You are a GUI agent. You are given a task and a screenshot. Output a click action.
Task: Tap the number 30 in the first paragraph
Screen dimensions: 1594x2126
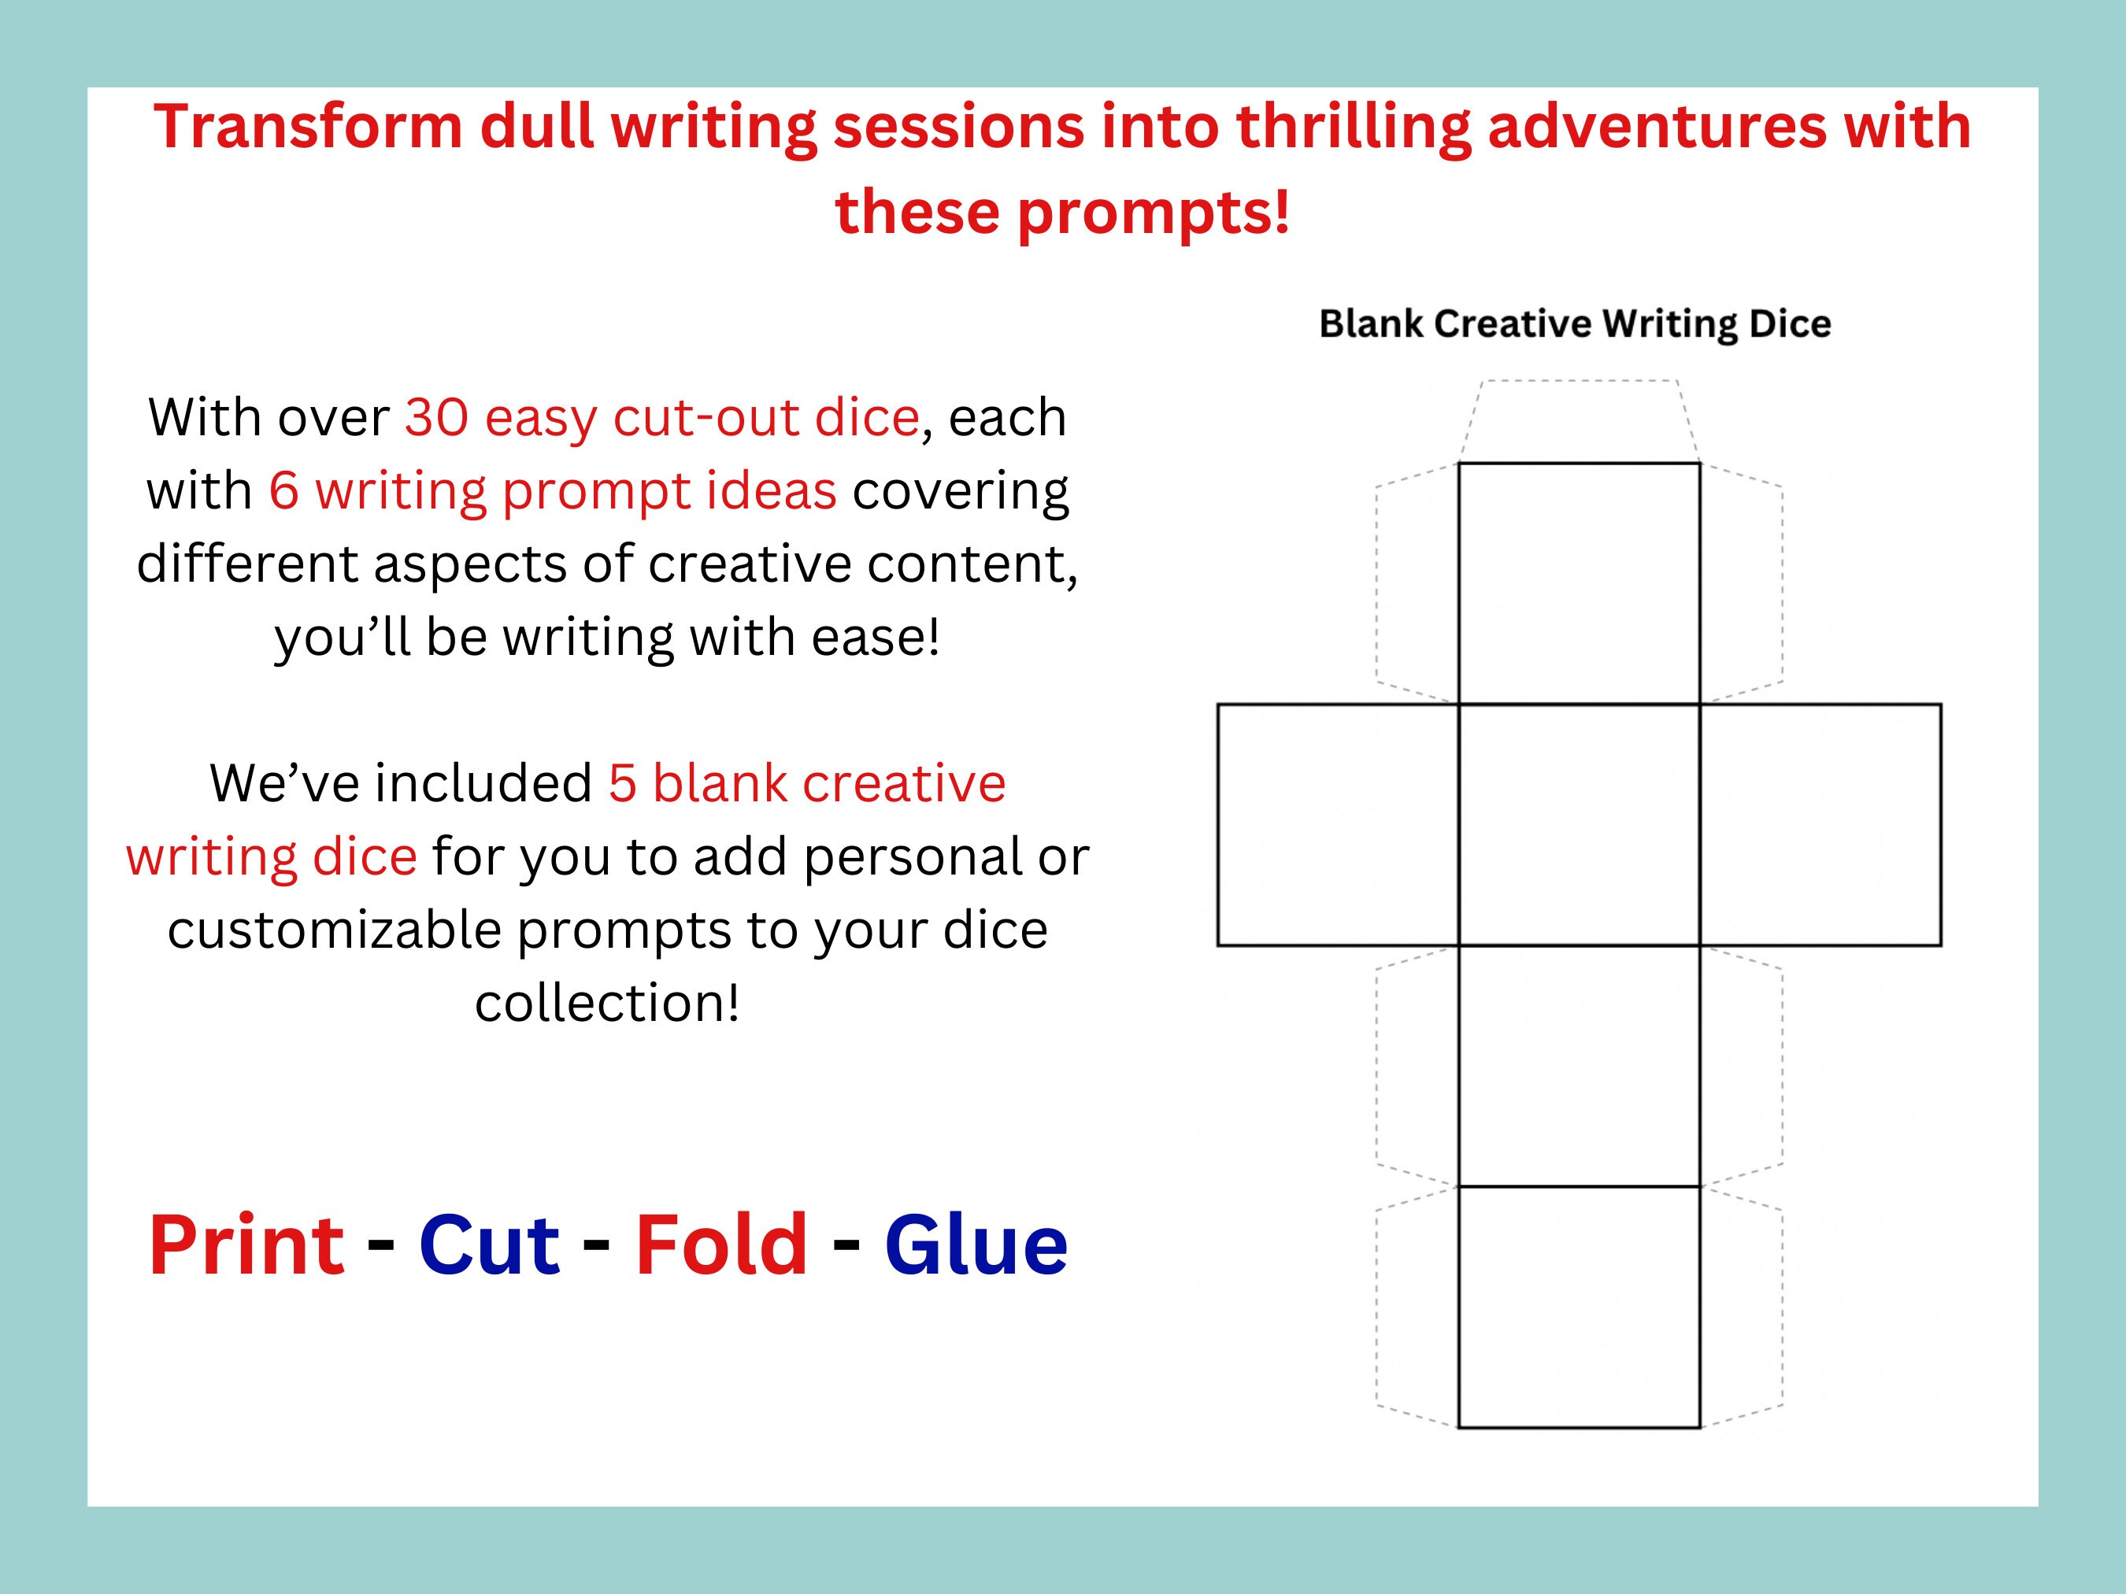pos(435,418)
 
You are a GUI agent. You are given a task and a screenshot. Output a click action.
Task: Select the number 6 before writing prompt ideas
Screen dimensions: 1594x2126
pos(283,491)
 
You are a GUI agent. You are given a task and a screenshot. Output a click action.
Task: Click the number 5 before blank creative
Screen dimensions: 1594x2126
pos(622,783)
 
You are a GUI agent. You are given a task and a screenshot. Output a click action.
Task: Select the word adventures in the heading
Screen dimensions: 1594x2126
pos(1656,127)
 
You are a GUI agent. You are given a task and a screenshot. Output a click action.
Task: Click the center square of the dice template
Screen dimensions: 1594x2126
pos(1578,824)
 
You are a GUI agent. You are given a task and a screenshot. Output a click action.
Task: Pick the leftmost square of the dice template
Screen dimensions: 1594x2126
pos(1338,824)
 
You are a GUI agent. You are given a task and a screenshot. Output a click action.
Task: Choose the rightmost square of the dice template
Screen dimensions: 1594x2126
pos(1820,824)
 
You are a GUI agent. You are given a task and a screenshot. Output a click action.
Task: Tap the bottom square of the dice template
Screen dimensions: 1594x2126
pos(1578,1307)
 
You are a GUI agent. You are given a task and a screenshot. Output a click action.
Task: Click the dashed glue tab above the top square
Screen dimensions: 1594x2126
pos(1578,421)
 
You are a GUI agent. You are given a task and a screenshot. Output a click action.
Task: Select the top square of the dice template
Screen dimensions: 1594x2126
pos(1578,583)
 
